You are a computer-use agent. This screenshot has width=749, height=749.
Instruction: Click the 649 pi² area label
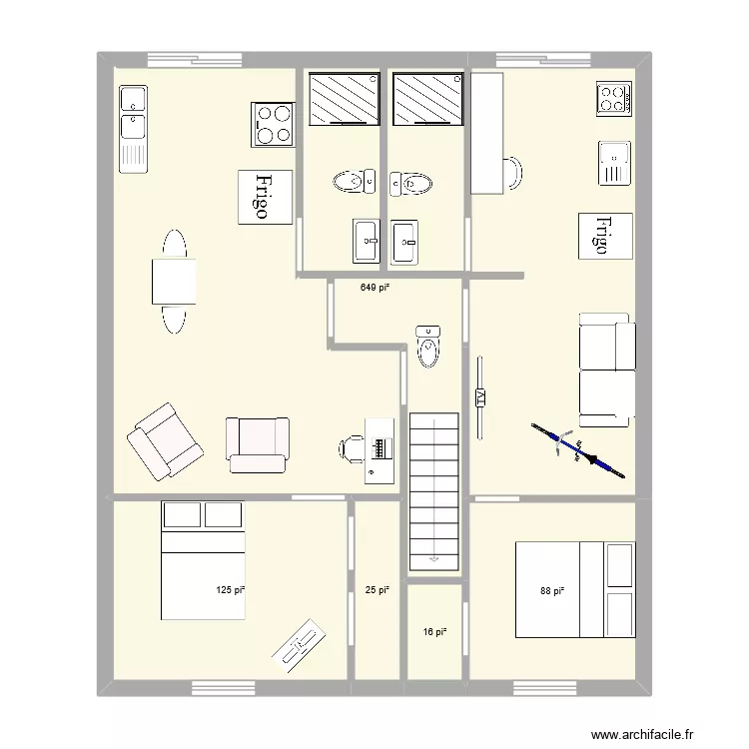[x=374, y=287]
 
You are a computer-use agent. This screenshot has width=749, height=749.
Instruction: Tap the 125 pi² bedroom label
[x=231, y=590]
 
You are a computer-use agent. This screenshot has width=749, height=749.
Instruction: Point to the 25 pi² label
[x=375, y=590]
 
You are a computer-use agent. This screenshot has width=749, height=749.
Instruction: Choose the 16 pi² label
[x=433, y=632]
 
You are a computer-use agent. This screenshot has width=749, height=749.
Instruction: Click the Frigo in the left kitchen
[x=264, y=196]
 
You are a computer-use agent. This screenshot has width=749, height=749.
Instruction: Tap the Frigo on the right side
[x=606, y=235]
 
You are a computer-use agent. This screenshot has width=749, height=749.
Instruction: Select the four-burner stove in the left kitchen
[x=273, y=125]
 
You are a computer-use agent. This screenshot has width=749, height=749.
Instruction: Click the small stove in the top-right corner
[x=614, y=98]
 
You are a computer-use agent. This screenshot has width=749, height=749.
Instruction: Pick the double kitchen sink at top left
[x=133, y=127]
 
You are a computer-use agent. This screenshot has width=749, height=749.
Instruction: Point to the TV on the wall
[x=480, y=397]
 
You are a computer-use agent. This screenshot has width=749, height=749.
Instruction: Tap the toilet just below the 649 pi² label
[x=428, y=346]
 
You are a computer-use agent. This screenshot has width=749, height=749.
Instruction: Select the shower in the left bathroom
[x=343, y=99]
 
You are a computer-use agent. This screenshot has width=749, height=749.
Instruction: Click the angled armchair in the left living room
[x=164, y=440]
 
